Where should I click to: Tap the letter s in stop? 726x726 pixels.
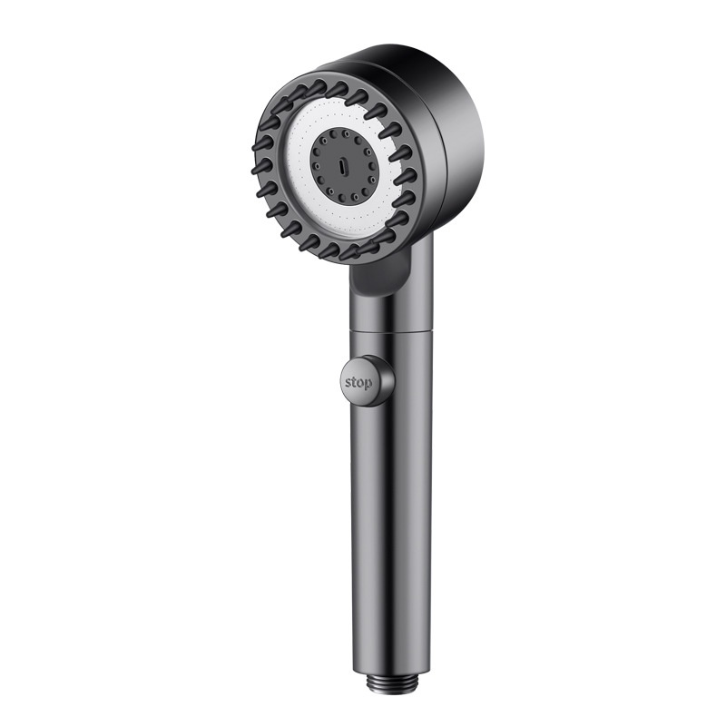tap(348, 383)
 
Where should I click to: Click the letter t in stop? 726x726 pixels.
tap(354, 382)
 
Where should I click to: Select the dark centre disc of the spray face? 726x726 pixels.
tap(340, 167)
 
